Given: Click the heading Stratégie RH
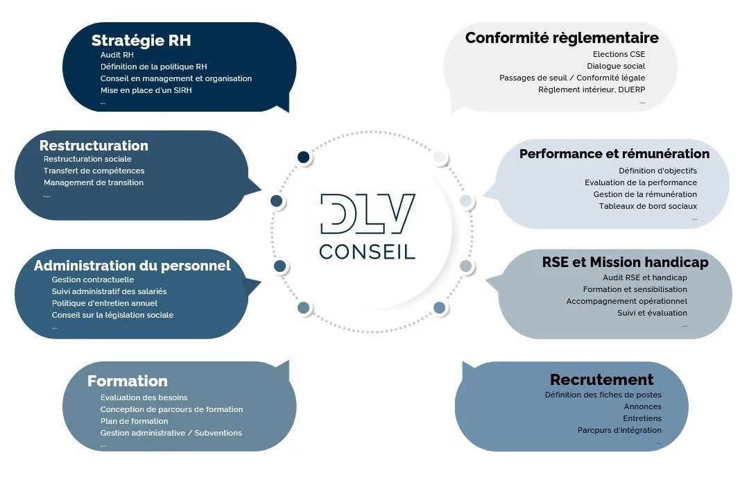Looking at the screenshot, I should (x=141, y=40).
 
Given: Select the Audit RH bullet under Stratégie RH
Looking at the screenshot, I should (x=117, y=55).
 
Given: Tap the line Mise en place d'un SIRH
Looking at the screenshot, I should (x=146, y=90).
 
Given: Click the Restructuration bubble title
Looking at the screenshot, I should (x=94, y=146).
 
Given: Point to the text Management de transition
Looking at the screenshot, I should (x=94, y=182).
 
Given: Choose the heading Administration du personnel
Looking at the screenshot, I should (x=132, y=266).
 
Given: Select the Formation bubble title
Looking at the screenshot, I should (x=128, y=381).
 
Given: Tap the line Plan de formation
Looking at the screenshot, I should (x=134, y=421).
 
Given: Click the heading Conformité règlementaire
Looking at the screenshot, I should (x=562, y=37).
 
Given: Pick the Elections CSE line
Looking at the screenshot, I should (x=619, y=54).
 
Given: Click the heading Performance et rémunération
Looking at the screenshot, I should (x=614, y=154).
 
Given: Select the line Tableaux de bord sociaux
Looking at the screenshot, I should (x=648, y=206).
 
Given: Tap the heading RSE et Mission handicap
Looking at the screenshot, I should (x=625, y=263).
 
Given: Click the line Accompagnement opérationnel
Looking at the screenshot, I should (x=626, y=301).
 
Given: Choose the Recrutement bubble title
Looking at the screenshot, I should (x=601, y=379).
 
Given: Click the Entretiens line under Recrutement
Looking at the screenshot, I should (x=642, y=418).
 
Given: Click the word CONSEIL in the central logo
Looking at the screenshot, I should (x=367, y=250).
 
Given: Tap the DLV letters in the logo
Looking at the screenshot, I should (x=368, y=213).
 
